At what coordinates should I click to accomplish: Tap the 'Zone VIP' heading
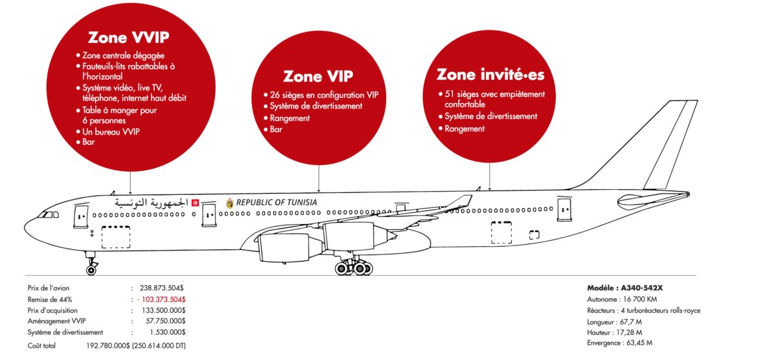click(313, 76)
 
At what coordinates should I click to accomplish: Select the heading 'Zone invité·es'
click(490, 74)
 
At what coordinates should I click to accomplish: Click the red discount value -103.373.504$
click(161, 299)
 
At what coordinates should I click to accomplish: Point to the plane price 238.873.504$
click(163, 287)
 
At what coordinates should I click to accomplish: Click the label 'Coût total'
click(41, 346)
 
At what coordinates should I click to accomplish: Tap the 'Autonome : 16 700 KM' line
click(622, 300)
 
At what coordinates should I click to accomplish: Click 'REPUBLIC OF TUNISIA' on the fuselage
click(277, 203)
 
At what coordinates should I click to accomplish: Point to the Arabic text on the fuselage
click(152, 203)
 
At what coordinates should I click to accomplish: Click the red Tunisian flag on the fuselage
click(195, 203)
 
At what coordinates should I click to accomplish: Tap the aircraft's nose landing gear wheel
click(91, 269)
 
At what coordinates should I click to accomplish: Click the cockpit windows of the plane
click(47, 213)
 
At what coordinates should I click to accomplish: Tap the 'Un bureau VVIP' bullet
click(111, 131)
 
